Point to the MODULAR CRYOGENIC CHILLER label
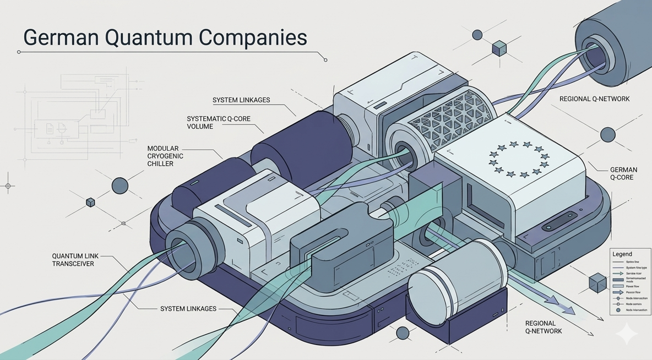pos(165,156)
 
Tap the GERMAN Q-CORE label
pos(623,173)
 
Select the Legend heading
pos(622,254)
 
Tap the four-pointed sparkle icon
pos(626,334)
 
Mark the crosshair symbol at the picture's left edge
pos(8,186)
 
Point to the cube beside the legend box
pos(597,283)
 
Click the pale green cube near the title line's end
pos(499,48)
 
